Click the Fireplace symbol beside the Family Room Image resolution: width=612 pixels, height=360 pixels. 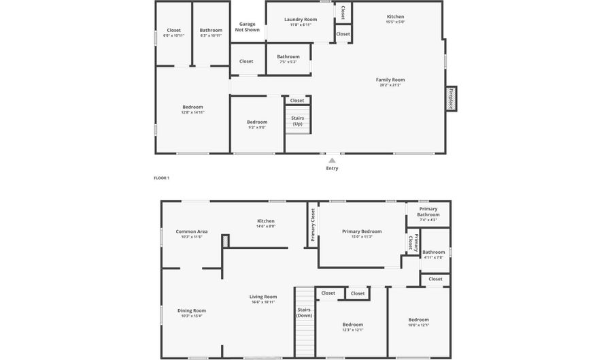[x=451, y=98]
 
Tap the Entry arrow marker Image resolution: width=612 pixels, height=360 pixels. [x=332, y=161]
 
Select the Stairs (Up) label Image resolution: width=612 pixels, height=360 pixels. [x=297, y=120]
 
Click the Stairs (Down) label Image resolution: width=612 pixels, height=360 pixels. [x=304, y=312]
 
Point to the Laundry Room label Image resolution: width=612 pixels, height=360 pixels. [x=300, y=20]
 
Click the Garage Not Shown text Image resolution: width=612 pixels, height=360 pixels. [x=247, y=27]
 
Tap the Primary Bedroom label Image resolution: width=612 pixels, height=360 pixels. [x=362, y=231]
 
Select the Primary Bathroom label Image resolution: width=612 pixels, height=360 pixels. [x=428, y=212]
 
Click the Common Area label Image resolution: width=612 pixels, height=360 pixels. [x=192, y=231]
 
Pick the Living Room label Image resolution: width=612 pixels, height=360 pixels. [x=262, y=297]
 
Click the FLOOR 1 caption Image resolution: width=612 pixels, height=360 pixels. [x=161, y=178]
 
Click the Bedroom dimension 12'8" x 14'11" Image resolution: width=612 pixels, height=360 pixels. [x=192, y=112]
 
